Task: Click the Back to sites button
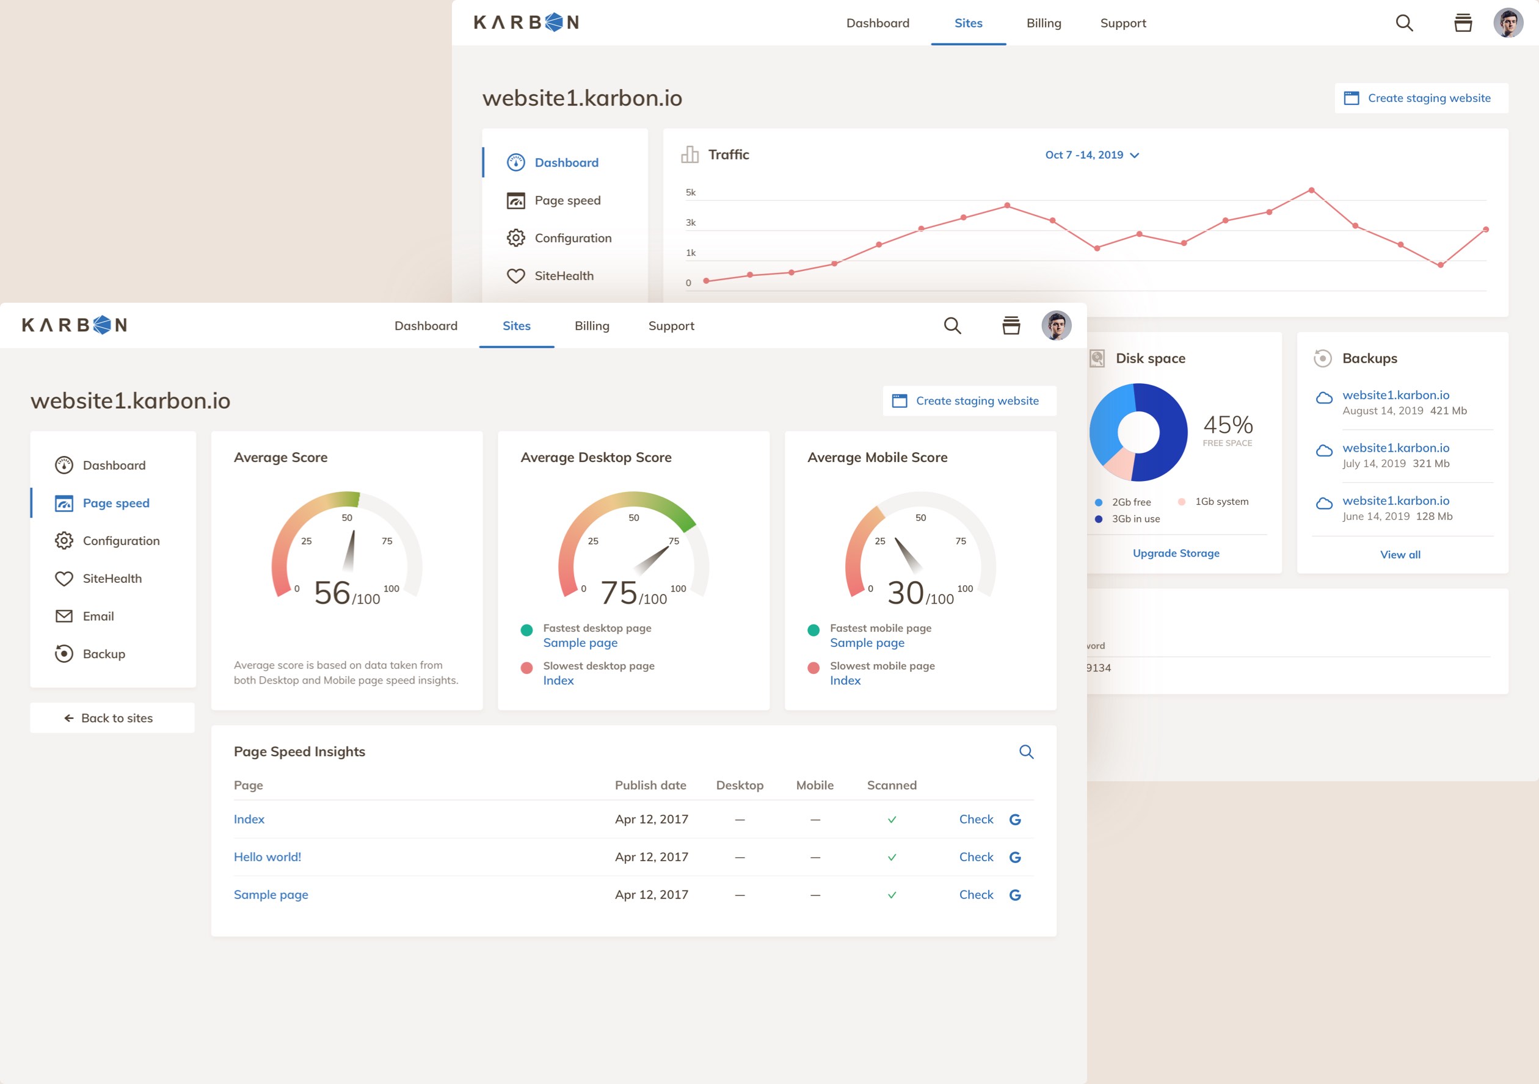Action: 112,718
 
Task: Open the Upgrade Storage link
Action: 1176,553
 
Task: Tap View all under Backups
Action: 1400,554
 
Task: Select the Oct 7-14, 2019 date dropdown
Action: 1091,155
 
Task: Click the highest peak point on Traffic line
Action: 1311,190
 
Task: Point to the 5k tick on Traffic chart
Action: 690,192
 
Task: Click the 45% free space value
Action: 1228,425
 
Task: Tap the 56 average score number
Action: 332,593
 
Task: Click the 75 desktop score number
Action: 619,593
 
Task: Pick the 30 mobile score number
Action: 906,593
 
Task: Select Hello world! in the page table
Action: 267,856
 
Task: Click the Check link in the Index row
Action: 976,818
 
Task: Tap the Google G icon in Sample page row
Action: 1015,894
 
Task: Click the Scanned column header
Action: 892,784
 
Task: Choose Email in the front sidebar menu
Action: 98,616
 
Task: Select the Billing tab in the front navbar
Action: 592,325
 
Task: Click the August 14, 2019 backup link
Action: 1395,395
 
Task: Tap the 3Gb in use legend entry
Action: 1135,519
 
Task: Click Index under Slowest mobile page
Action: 845,680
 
